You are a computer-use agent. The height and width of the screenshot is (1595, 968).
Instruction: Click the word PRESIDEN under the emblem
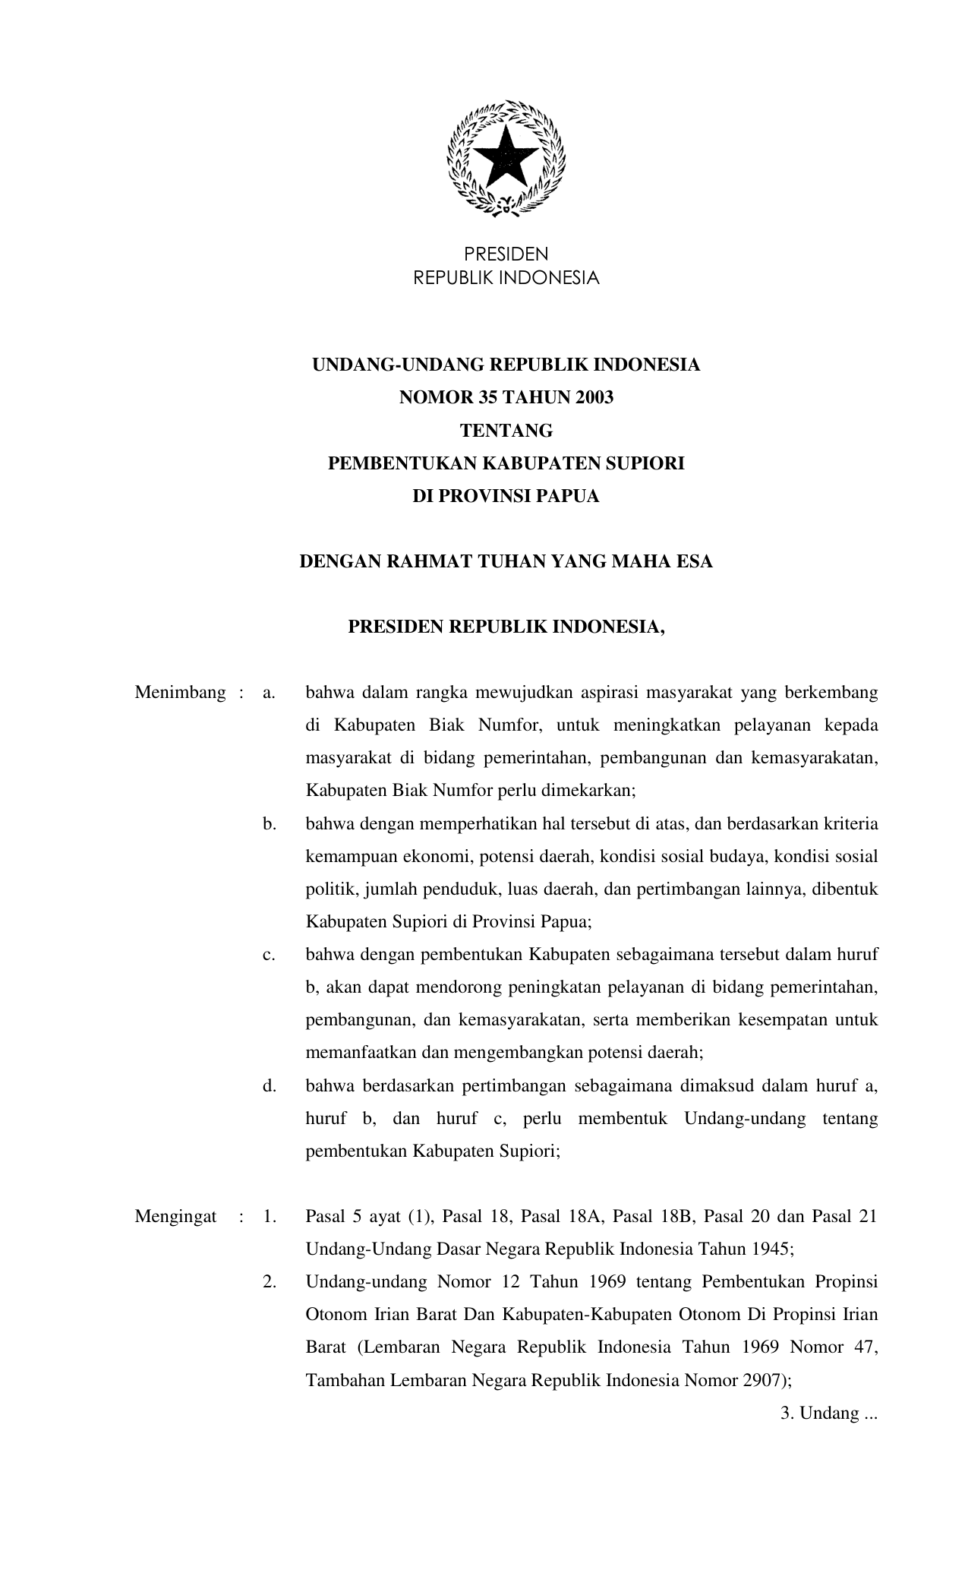(506, 254)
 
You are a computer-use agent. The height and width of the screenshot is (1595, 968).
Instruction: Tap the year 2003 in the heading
(594, 397)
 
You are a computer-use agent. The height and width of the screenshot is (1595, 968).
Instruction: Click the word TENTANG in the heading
(506, 431)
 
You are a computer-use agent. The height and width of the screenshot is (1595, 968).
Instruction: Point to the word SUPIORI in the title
(648, 463)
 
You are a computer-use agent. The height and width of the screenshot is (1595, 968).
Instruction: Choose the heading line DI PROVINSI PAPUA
(506, 496)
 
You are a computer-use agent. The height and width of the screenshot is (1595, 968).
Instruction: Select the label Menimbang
(180, 692)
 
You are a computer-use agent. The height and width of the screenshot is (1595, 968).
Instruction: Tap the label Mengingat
(175, 1216)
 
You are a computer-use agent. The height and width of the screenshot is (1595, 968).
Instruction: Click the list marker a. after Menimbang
(268, 692)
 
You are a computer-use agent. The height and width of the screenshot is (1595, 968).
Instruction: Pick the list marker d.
(270, 1085)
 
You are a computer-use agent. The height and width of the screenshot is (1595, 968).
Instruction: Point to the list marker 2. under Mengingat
(270, 1281)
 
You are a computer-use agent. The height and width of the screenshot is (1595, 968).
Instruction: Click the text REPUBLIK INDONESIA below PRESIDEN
(506, 278)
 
